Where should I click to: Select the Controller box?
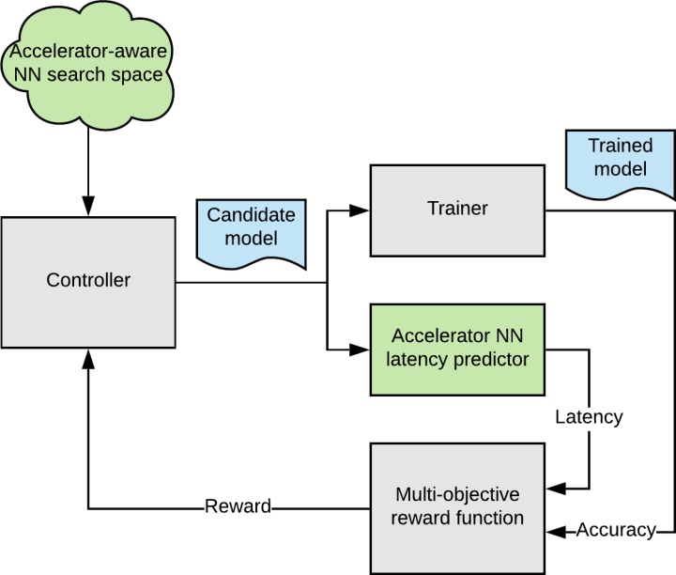88,280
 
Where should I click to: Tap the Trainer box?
457,210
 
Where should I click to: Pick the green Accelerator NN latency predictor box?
457,348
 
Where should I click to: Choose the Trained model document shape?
619,162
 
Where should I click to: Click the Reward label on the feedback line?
238,507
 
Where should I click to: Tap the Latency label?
589,415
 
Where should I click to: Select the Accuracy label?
615,531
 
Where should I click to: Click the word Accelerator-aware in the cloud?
88,50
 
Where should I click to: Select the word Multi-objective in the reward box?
457,493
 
